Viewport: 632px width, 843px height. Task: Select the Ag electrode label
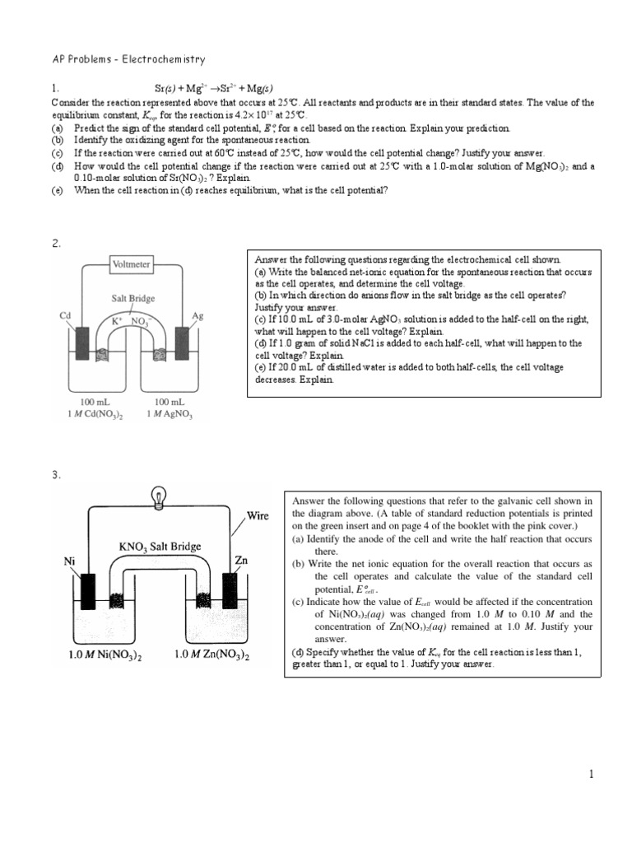pyautogui.click(x=197, y=315)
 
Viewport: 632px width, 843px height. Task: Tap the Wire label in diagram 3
pyautogui.click(x=257, y=517)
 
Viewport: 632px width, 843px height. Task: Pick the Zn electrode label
pyautogui.click(x=241, y=560)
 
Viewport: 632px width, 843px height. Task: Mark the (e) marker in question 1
pyautogui.click(x=57, y=191)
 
